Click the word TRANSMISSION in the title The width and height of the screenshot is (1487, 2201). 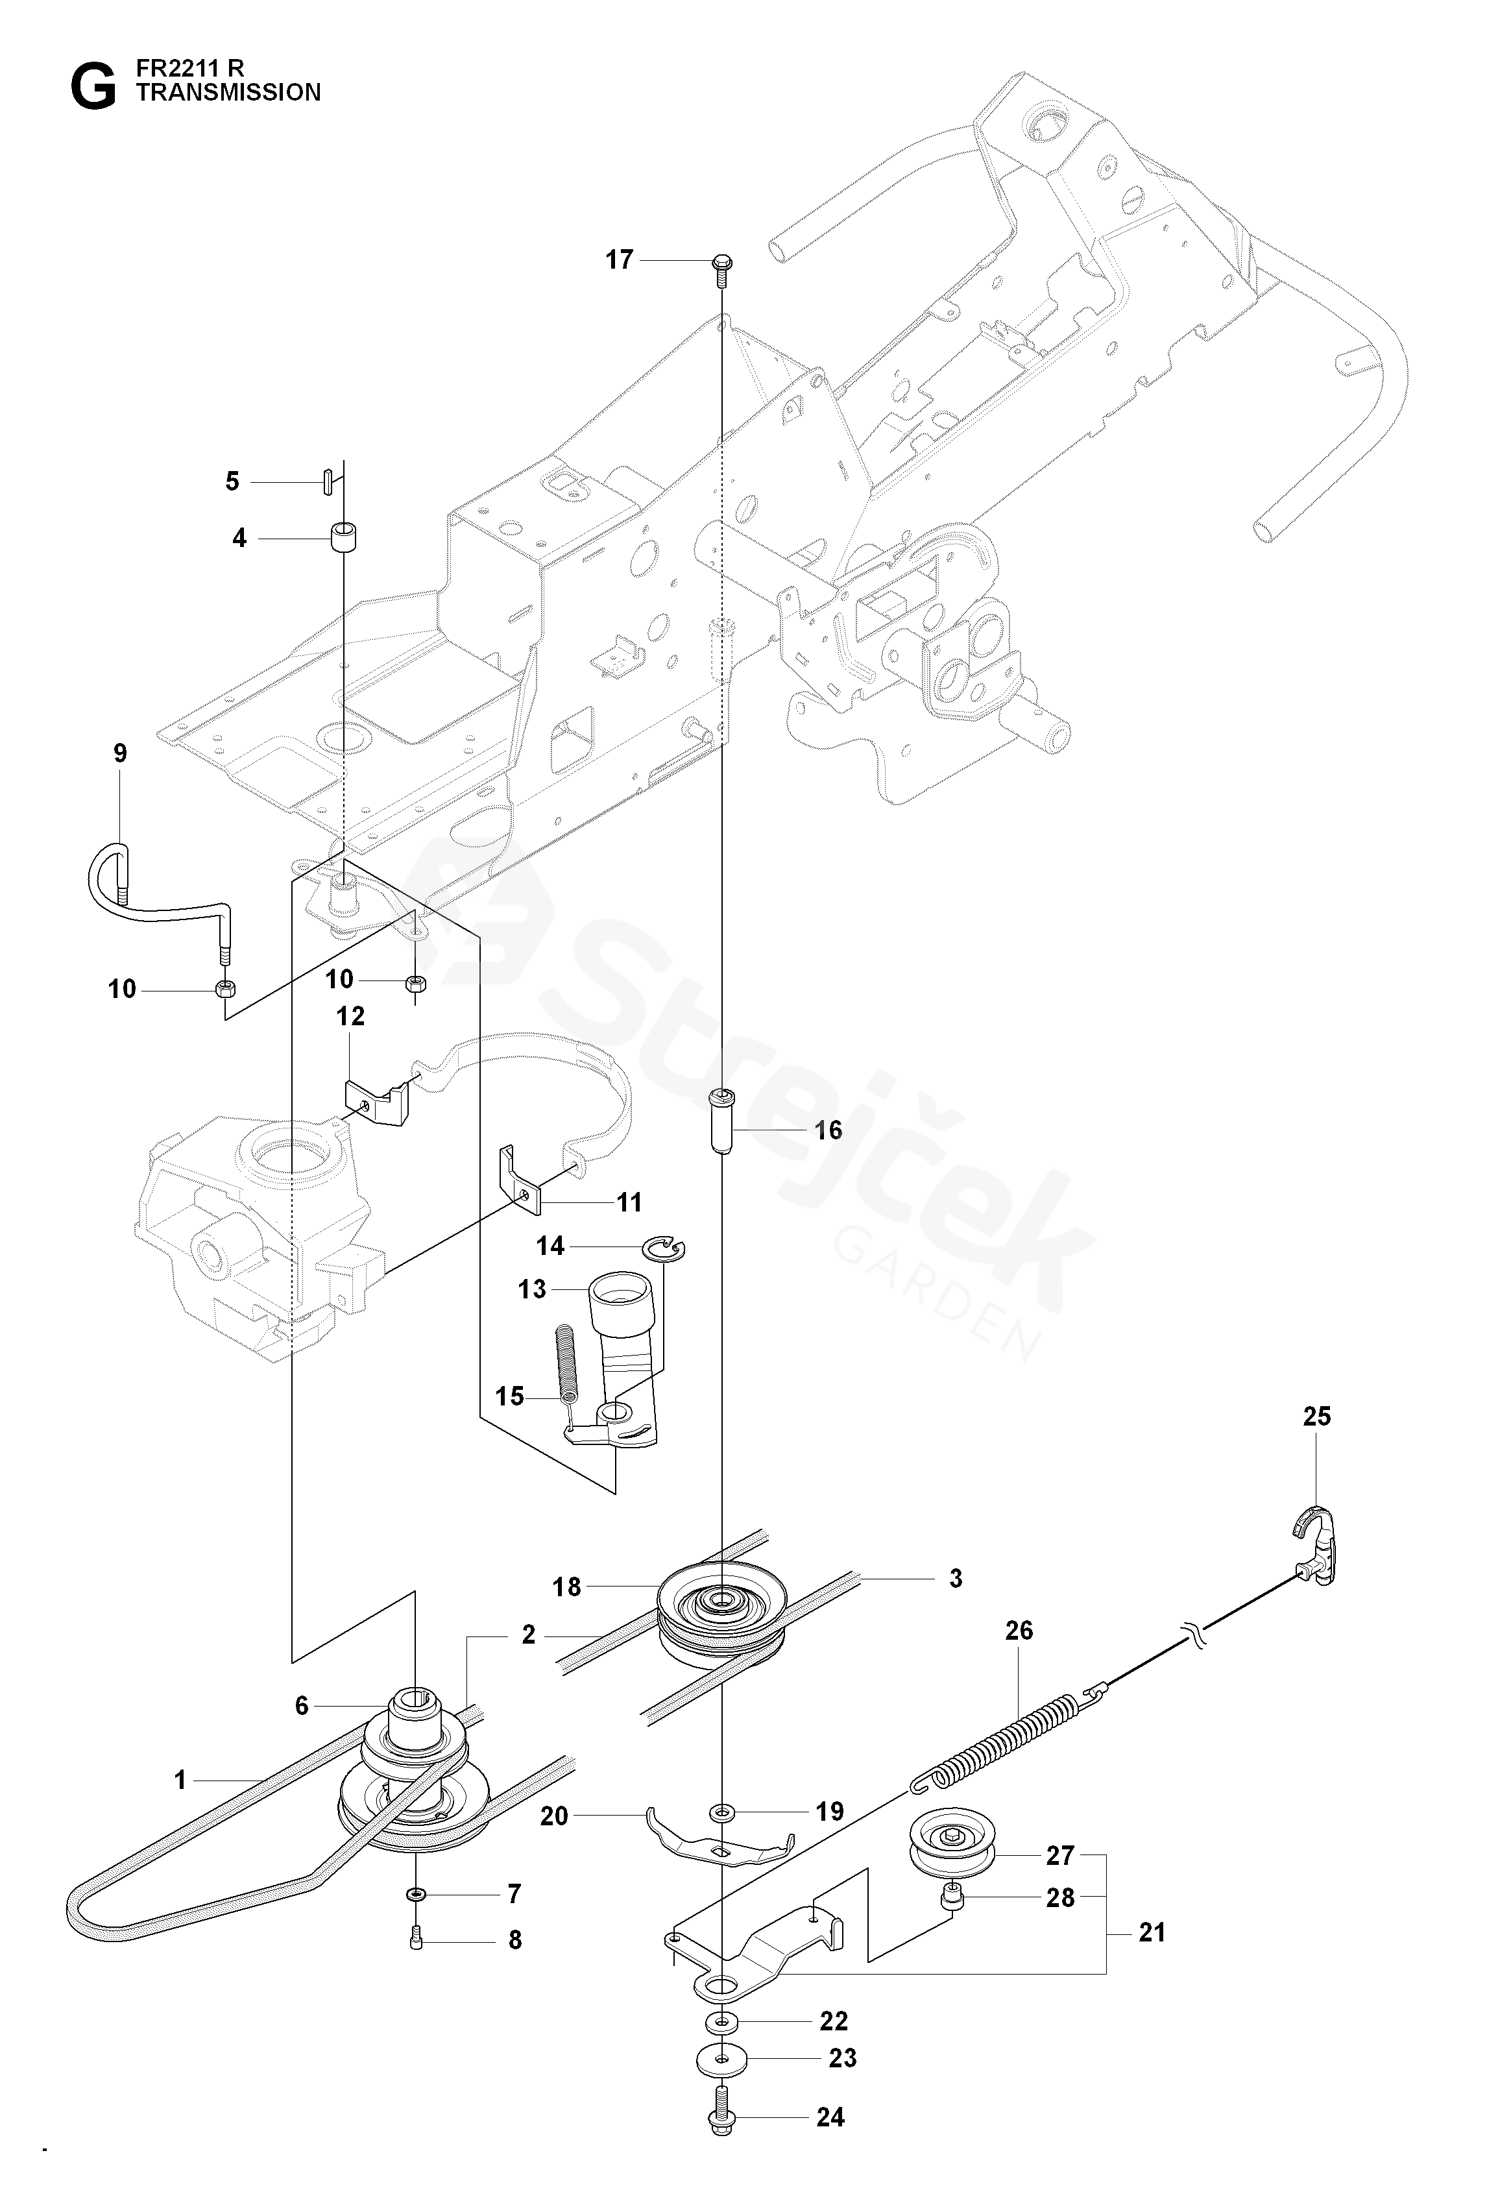pos(229,93)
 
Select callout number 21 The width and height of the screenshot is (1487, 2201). pos(1152,1932)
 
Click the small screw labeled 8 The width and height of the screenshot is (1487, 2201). pos(418,1940)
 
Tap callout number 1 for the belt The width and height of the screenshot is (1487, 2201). pos(180,1781)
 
